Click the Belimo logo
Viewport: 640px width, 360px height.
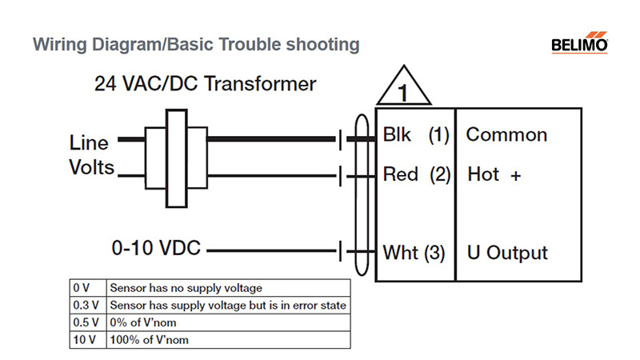[x=579, y=42]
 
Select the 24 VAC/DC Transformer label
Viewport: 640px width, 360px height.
[x=206, y=84]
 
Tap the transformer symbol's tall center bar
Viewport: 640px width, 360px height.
[x=177, y=158]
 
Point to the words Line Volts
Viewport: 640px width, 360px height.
[x=91, y=155]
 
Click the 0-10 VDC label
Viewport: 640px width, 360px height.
[x=156, y=248]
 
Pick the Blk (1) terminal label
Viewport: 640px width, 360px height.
[x=416, y=134]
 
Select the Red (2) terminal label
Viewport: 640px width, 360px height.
[x=416, y=174]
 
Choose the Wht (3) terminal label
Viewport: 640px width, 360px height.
[x=414, y=253]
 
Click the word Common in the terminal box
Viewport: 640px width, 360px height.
[x=506, y=134]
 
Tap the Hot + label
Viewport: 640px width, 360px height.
[x=494, y=174]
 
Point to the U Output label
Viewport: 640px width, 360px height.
[x=507, y=253]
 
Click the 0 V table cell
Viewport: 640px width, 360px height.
[x=88, y=288]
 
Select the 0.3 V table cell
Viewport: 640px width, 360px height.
[x=88, y=306]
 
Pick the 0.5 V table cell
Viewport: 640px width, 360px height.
[x=88, y=322]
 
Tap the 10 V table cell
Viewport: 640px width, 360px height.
[x=88, y=339]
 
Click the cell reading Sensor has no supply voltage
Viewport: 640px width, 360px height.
[x=228, y=288]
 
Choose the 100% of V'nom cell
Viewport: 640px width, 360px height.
[x=228, y=339]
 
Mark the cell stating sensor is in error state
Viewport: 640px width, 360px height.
[x=228, y=306]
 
